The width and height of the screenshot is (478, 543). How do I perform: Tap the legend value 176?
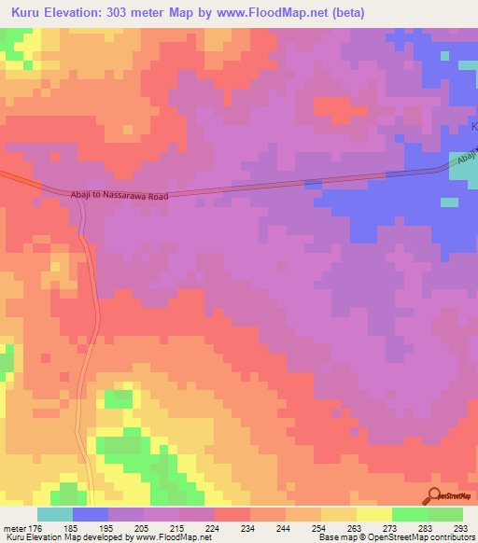[43, 526]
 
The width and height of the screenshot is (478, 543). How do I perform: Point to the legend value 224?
[214, 526]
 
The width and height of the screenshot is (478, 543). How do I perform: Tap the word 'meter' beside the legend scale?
[17, 526]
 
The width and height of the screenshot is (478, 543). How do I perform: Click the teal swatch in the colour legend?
[55, 514]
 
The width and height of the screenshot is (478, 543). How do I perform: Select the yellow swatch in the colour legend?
[373, 514]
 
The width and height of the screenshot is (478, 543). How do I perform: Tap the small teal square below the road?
[450, 202]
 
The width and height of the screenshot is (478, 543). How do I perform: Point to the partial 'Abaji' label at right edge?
[468, 159]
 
